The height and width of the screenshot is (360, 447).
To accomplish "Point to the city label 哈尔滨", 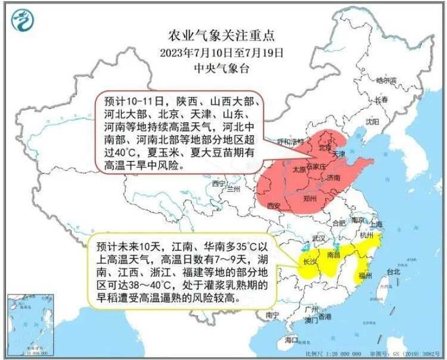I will tap(386, 79).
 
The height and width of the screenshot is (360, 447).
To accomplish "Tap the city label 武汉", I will tap(319, 238).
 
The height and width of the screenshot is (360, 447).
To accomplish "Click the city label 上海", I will tap(376, 225).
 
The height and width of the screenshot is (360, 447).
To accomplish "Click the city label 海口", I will tap(291, 339).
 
